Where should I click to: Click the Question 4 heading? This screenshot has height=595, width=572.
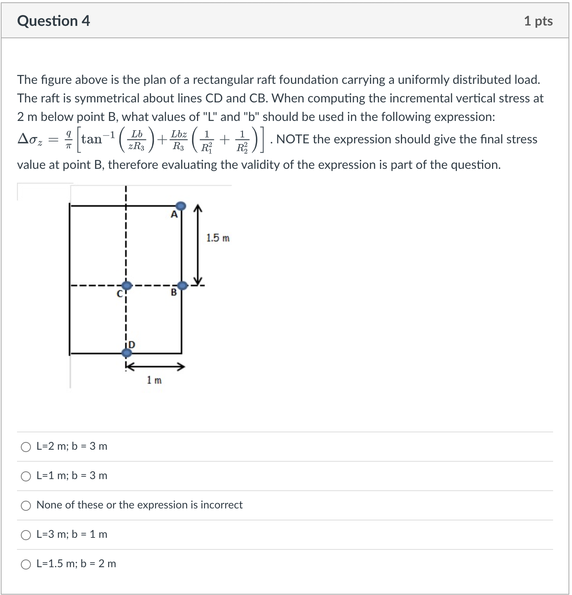coord(53,21)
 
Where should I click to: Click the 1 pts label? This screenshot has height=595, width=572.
coord(538,21)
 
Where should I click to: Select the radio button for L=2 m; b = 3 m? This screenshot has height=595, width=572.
coord(26,447)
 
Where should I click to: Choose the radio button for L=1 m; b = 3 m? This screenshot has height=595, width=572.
coord(26,476)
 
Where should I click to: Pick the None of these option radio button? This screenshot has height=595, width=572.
coord(26,506)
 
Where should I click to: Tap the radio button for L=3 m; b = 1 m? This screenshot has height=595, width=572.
coord(26,535)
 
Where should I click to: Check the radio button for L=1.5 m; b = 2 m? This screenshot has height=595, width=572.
coord(26,564)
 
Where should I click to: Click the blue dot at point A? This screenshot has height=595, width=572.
coord(181,206)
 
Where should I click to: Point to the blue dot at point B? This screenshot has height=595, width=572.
coord(182,286)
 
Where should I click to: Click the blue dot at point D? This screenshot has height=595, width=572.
coord(126,352)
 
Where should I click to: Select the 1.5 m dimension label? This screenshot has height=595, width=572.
coord(217,238)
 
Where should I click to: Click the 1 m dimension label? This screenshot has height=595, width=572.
coord(154,380)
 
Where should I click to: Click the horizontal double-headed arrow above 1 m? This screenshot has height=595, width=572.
coord(154,366)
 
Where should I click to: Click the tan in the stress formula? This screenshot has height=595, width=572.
coord(92,139)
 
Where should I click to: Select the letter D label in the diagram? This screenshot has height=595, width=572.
coord(132,344)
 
